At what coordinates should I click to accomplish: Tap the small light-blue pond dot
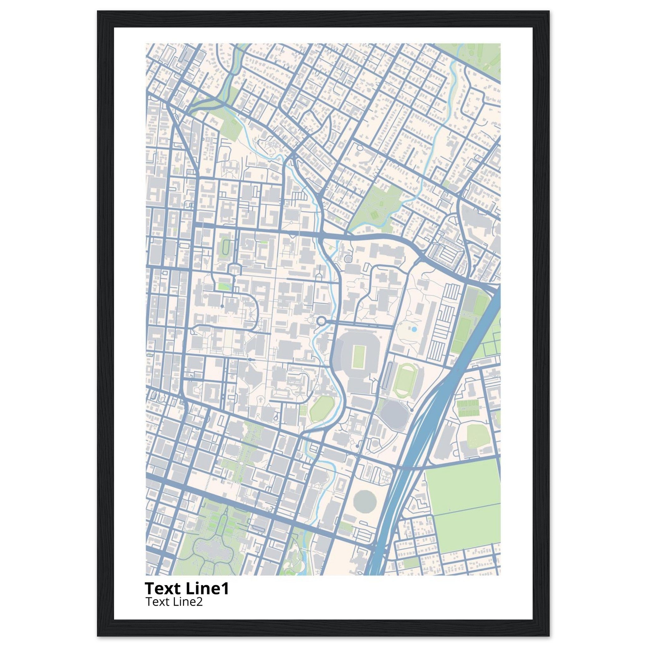414,330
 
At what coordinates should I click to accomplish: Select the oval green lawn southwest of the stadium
322,408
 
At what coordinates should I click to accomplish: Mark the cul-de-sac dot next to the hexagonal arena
412,410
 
